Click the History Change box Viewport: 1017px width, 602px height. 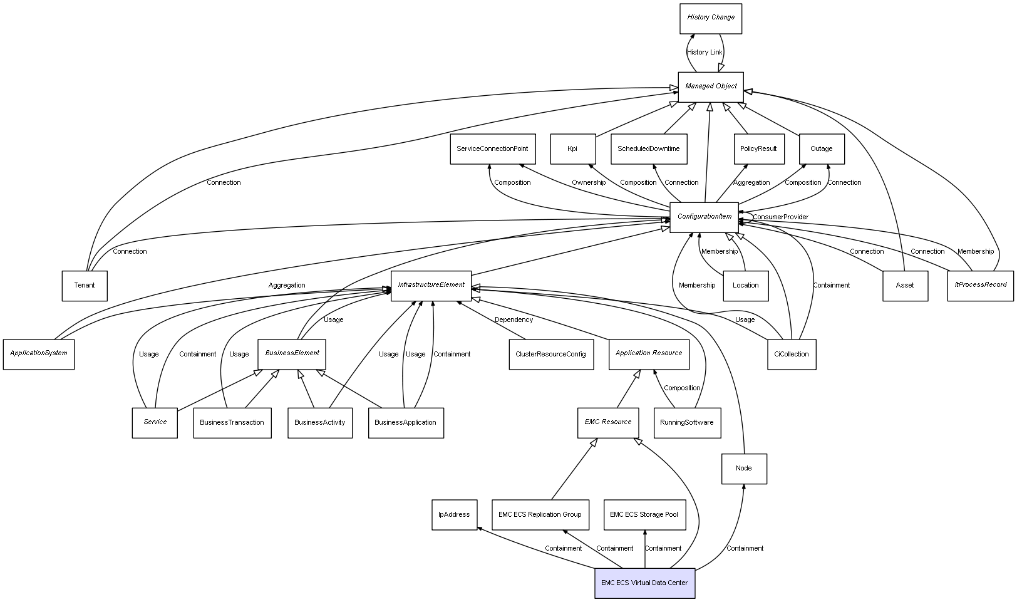click(x=710, y=18)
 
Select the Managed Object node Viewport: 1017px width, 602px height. click(x=710, y=86)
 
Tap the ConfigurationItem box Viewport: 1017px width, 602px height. click(x=704, y=217)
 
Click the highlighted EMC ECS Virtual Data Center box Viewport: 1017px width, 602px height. click(x=644, y=583)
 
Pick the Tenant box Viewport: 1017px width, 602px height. click(x=85, y=286)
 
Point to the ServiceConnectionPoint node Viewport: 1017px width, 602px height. click(x=492, y=149)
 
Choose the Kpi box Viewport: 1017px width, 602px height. click(x=572, y=149)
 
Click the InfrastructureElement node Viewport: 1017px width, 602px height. click(x=431, y=286)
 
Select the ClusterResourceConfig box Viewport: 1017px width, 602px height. click(x=550, y=355)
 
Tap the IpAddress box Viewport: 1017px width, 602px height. click(x=454, y=515)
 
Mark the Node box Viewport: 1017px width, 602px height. click(x=743, y=469)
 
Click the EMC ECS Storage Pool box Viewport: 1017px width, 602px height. click(x=644, y=515)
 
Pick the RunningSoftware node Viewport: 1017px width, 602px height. click(x=686, y=423)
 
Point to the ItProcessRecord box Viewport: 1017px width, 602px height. click(x=980, y=286)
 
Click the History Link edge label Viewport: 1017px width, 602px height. click(x=705, y=53)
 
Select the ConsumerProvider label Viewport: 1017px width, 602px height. click(x=780, y=217)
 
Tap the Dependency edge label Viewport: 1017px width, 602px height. click(x=514, y=320)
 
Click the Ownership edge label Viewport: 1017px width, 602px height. click(x=589, y=183)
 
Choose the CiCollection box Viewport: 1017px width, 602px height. click(x=791, y=355)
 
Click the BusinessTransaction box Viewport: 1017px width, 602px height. click(x=232, y=423)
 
